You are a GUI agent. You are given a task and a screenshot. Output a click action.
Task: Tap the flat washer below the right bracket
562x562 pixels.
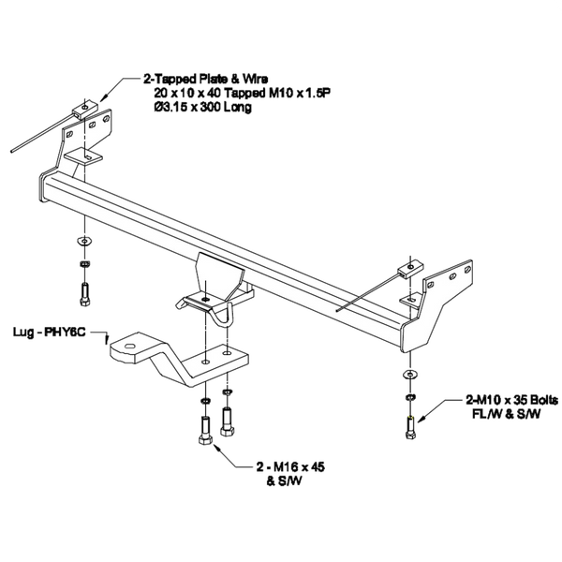(x=408, y=375)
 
